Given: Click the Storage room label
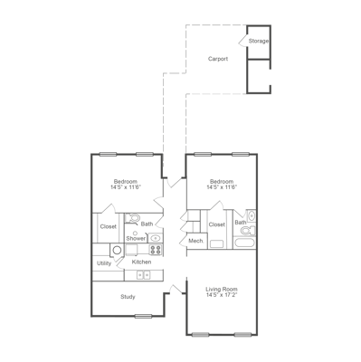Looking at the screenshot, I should (259, 41).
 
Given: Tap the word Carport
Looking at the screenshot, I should (217, 59).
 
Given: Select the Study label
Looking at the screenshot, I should (128, 296).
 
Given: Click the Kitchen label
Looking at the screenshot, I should (141, 262).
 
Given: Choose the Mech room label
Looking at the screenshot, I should (195, 241).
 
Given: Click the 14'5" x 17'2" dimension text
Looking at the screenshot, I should (221, 296).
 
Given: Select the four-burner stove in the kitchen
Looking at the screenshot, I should (155, 249).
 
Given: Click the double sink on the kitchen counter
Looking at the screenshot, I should (142, 274).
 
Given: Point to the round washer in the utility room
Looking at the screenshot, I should (118, 251).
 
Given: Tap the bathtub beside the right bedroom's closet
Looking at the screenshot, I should (243, 243).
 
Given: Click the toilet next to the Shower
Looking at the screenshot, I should (134, 218).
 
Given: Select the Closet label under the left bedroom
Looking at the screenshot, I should (108, 226).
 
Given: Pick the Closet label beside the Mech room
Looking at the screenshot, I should (217, 224).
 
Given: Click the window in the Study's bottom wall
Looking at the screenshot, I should (142, 315).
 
